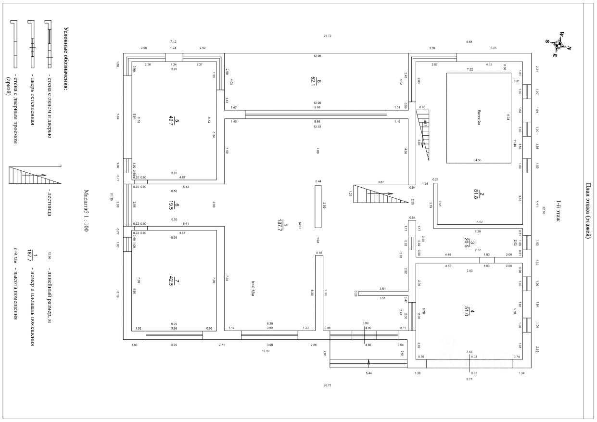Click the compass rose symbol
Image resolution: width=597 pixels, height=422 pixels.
[559, 44]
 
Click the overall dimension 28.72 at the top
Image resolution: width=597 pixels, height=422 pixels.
[327, 36]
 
